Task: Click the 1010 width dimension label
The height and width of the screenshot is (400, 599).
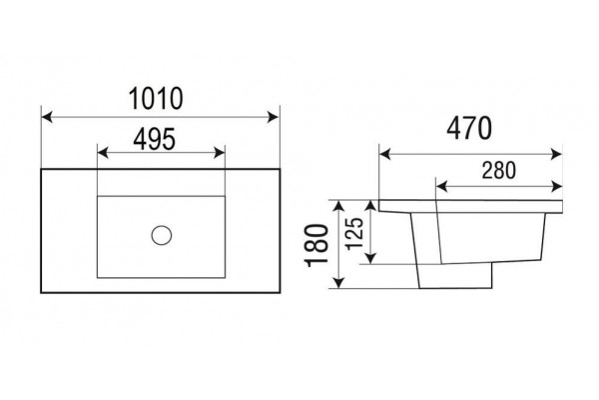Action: [x=156, y=98]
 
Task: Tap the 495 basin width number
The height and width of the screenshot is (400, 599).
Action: [x=155, y=139]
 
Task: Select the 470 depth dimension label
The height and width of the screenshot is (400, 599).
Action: [x=469, y=128]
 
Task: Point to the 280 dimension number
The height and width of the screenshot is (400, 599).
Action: [x=498, y=170]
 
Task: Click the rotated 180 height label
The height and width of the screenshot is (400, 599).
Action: [x=316, y=245]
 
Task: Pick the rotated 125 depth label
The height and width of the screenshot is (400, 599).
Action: [x=354, y=233]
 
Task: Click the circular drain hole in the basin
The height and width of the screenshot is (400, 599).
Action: [x=161, y=235]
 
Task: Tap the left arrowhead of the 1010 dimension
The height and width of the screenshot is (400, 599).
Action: [x=47, y=117]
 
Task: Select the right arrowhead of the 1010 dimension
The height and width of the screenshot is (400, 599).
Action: [x=274, y=117]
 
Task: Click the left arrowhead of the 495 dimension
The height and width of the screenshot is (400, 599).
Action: [x=103, y=153]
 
